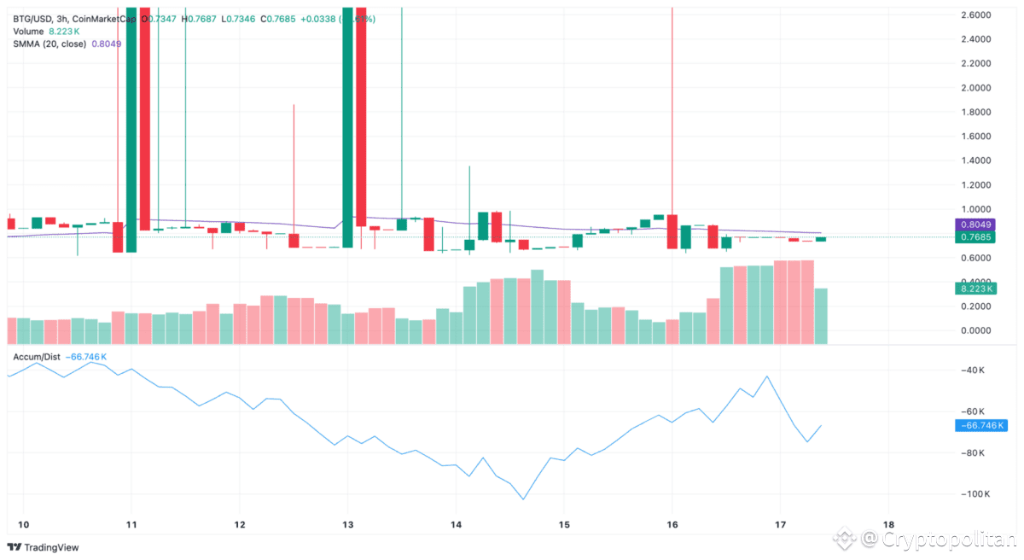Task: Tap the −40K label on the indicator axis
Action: (x=973, y=370)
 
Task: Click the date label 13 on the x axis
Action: (x=347, y=524)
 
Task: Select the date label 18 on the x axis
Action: (x=888, y=524)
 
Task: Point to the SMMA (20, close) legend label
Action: (x=49, y=43)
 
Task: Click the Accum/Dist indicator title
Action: (x=36, y=356)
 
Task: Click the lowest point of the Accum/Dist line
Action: (x=523, y=499)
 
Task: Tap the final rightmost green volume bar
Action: (x=821, y=316)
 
